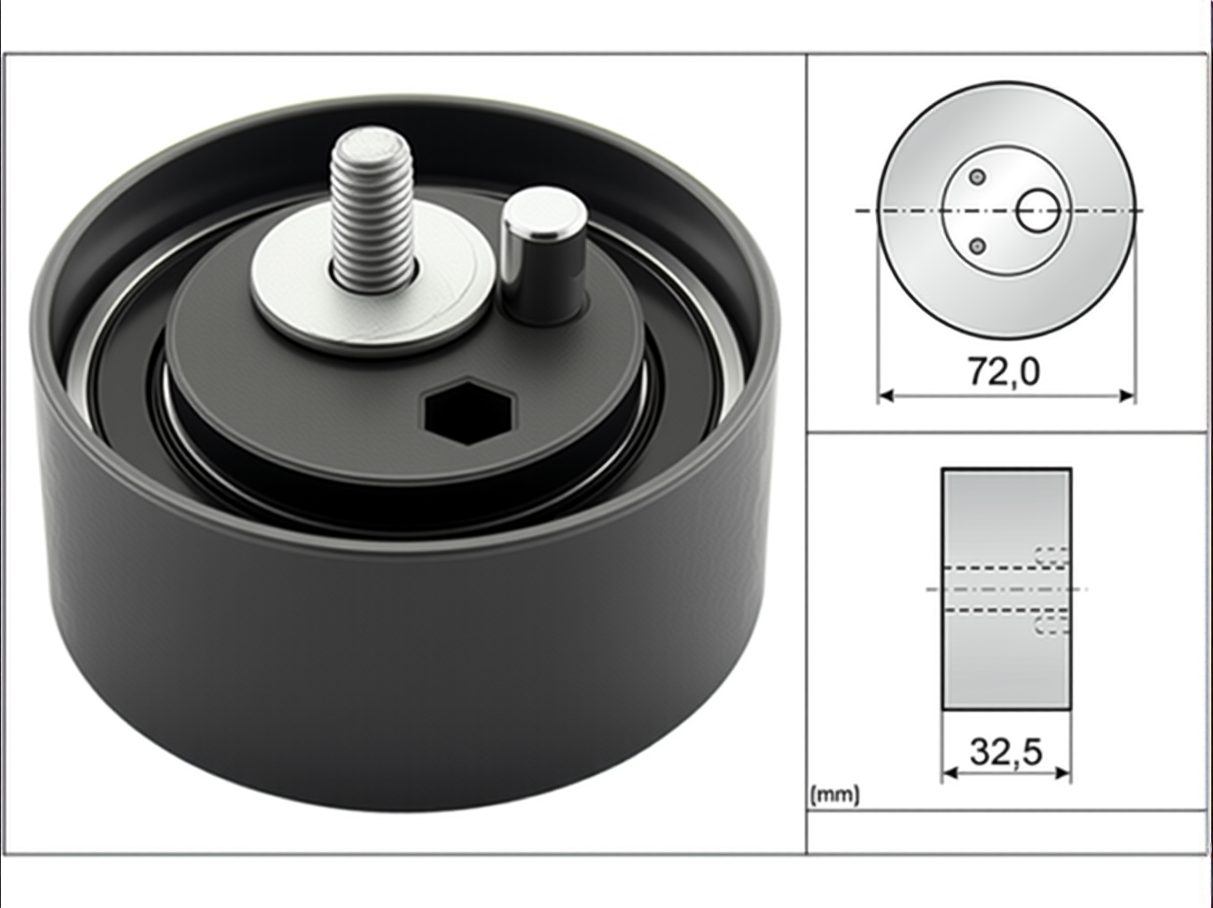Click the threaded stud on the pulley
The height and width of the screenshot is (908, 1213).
(x=372, y=210)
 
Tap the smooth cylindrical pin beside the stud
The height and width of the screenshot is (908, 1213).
(x=544, y=255)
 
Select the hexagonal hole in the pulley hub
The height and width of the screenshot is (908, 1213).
(x=470, y=412)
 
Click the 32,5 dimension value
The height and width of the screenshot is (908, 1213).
(x=1006, y=752)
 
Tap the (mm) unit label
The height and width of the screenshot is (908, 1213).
(x=834, y=794)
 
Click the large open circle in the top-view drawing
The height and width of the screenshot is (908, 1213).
(x=1038, y=210)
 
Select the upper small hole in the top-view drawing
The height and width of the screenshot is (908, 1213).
(x=978, y=176)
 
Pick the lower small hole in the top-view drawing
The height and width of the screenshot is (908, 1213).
(x=978, y=246)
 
